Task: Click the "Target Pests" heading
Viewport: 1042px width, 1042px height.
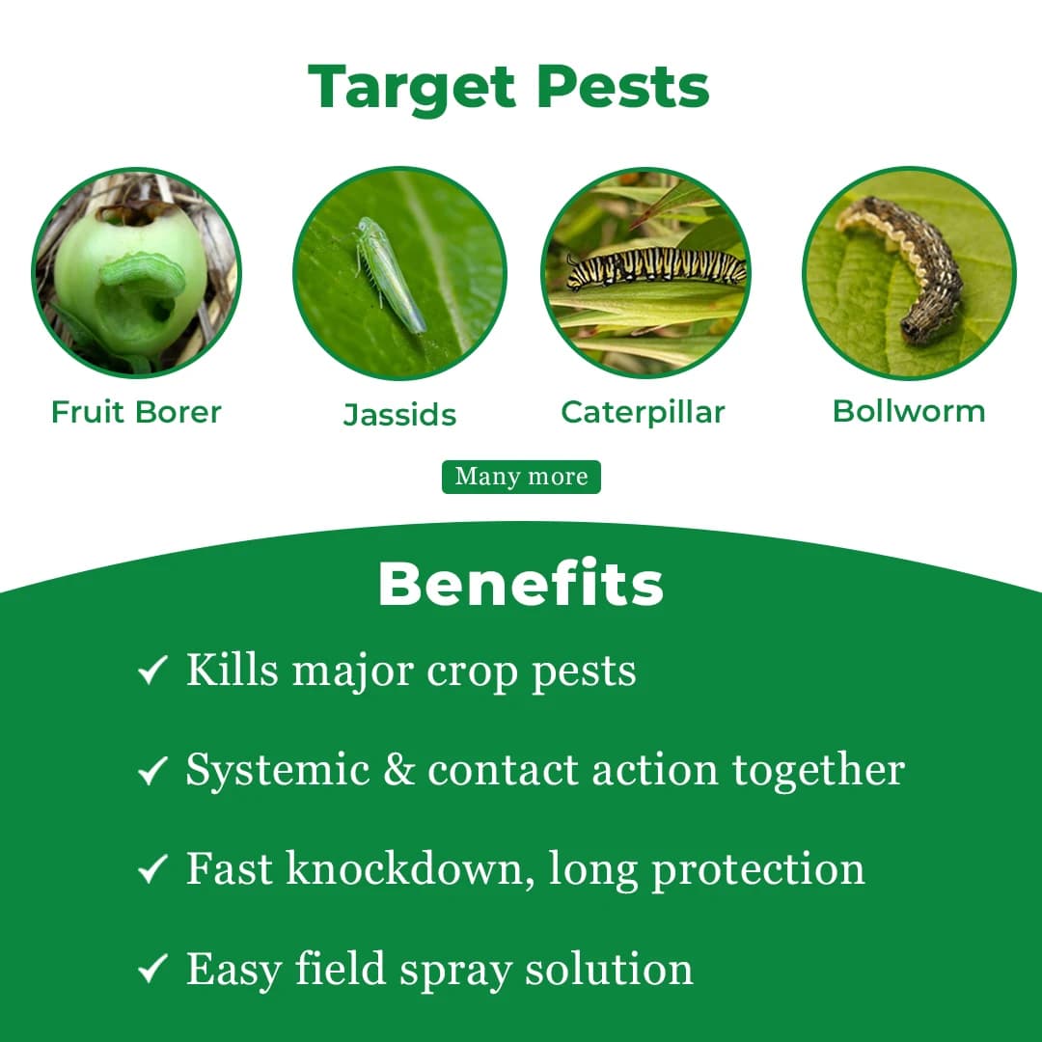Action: tap(508, 88)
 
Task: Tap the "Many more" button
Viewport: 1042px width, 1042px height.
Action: tap(521, 477)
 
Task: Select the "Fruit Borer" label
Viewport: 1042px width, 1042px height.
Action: tap(136, 412)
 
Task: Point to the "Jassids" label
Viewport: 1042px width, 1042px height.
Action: tap(399, 415)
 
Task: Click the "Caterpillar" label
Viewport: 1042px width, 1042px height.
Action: tap(643, 412)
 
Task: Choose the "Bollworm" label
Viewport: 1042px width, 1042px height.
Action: tap(909, 411)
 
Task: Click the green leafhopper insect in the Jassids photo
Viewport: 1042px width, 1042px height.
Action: tap(389, 273)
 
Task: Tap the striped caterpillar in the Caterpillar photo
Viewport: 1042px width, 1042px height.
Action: tap(656, 267)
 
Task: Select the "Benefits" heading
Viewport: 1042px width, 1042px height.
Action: tap(521, 585)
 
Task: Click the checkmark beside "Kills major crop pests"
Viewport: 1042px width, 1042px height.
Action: tap(152, 671)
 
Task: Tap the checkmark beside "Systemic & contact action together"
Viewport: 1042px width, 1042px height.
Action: tap(152, 770)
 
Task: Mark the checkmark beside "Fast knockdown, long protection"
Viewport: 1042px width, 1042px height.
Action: tap(152, 870)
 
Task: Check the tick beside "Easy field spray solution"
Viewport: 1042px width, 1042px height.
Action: tap(152, 970)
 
